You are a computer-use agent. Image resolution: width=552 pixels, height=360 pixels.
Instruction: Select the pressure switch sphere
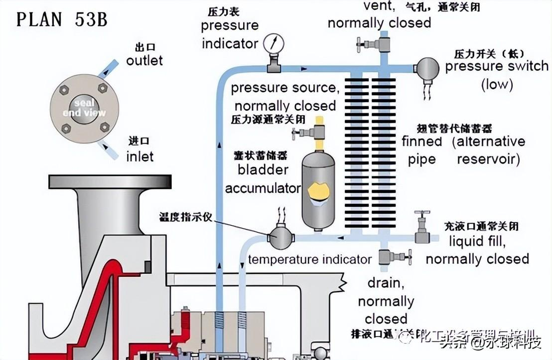[427, 68]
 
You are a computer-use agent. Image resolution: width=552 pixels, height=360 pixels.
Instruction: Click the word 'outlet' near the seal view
[144, 60]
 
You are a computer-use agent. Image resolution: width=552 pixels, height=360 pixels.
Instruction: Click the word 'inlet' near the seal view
[139, 156]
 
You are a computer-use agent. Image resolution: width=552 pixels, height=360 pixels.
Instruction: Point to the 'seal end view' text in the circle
[84, 108]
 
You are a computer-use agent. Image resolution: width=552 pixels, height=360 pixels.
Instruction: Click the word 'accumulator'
[263, 188]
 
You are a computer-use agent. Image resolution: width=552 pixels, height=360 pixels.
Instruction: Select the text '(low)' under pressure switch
[497, 84]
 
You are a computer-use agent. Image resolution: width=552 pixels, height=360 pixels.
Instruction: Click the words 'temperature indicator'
[309, 259]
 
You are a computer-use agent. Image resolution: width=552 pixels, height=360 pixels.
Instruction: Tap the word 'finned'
[422, 141]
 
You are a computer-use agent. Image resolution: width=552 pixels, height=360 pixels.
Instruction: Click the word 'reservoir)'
[488, 159]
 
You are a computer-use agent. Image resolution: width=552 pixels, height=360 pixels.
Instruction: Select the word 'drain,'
[384, 283]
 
